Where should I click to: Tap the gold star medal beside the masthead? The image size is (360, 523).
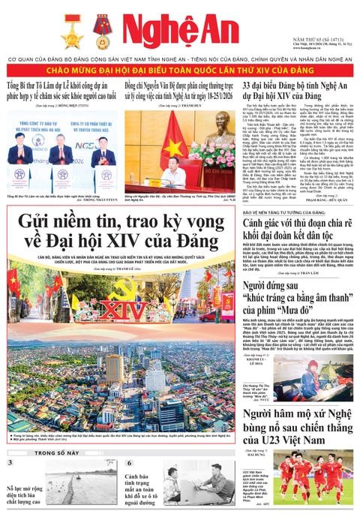(73, 31)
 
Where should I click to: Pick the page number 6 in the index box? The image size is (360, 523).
(128, 463)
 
